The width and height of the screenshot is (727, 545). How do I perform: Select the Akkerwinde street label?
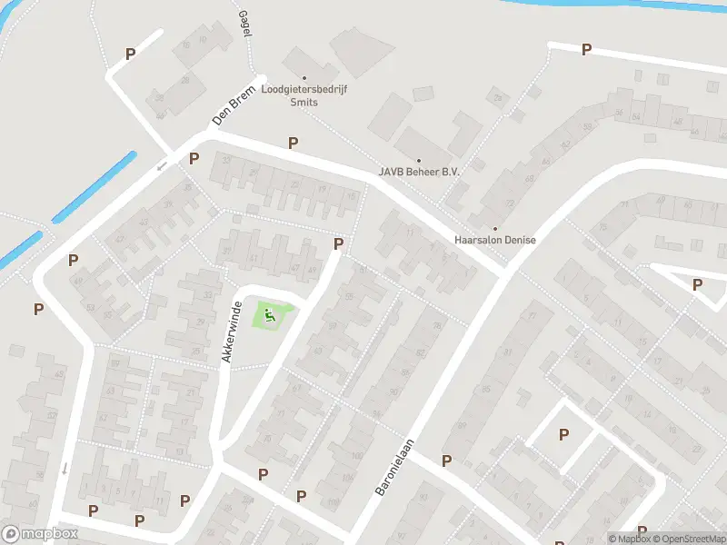pyautogui.click(x=231, y=332)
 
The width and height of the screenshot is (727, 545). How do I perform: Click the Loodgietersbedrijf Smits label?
pyautogui.click(x=304, y=96)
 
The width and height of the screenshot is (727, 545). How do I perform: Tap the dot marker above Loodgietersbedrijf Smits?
pyautogui.click(x=304, y=78)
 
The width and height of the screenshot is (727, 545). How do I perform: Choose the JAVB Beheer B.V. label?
pyautogui.click(x=419, y=172)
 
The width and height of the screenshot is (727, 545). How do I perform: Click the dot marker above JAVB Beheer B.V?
pyautogui.click(x=419, y=160)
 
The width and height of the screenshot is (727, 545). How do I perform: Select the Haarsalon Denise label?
pyautogui.click(x=495, y=240)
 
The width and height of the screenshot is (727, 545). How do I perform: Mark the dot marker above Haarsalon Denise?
pyautogui.click(x=495, y=228)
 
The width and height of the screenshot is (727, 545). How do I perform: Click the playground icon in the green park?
pyautogui.click(x=270, y=316)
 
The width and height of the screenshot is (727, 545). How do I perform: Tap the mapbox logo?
pyautogui.click(x=40, y=534)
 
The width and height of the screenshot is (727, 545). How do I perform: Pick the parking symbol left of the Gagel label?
pyautogui.click(x=130, y=54)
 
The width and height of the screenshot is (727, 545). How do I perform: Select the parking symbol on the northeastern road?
pyautogui.click(x=586, y=50)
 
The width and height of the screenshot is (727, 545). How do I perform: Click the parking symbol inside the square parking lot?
pyautogui.click(x=563, y=434)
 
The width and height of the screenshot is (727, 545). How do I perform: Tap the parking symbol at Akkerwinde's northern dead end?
pyautogui.click(x=339, y=243)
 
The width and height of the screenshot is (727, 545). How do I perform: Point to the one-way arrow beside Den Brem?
pyautogui.click(x=163, y=165)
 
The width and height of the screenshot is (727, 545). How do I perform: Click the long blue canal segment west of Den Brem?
pyautogui.click(x=94, y=187)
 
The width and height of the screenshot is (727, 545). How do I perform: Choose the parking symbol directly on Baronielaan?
pyautogui.click(x=446, y=461)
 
